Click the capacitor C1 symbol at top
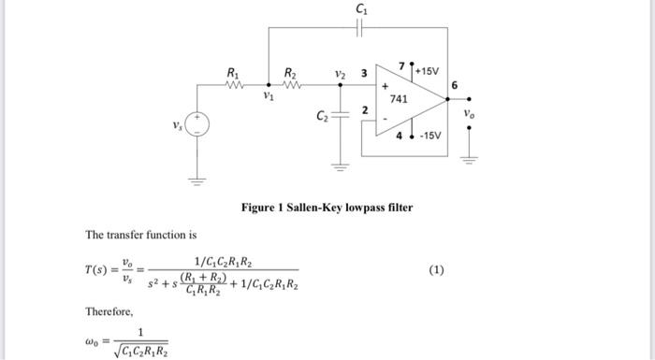[362, 27]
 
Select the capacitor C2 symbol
[341, 117]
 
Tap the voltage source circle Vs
[196, 124]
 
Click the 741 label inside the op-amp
[398, 98]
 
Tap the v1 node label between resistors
[269, 94]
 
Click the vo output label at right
[469, 114]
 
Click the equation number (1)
[436, 270]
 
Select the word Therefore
[109, 310]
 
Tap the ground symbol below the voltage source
[196, 179]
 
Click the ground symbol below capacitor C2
[341, 166]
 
